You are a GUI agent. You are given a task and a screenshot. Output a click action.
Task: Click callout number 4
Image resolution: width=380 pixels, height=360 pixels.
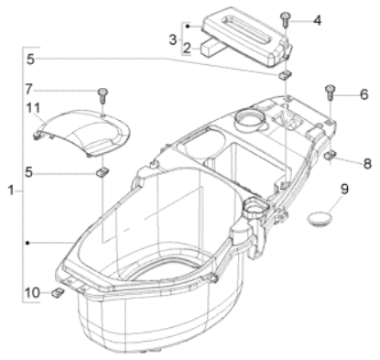coord(317,20)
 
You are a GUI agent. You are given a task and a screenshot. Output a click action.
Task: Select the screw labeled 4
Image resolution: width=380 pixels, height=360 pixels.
coord(286,19)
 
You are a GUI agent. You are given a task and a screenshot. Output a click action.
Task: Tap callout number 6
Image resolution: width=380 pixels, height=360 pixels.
coord(364,94)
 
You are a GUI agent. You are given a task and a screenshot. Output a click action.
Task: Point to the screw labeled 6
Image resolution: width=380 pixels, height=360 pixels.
coord(331,92)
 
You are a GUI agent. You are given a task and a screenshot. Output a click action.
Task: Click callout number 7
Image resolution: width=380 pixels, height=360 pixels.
coord(28,89)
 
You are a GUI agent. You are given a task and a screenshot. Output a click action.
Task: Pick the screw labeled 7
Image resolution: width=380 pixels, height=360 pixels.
coord(103,95)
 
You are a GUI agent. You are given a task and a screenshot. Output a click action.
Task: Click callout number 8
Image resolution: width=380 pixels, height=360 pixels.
coord(367,164)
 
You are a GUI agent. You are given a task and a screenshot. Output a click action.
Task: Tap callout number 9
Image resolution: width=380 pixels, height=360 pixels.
coord(344,190)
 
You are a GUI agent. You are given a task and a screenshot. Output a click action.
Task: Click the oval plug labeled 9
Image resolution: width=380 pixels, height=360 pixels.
coord(319,219)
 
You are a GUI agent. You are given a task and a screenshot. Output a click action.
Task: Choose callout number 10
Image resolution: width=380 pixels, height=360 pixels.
coord(32,293)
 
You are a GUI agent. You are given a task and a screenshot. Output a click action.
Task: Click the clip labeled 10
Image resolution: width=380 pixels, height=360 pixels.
coord(58,292)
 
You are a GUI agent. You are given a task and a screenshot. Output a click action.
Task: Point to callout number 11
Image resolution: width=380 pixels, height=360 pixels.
coord(33,108)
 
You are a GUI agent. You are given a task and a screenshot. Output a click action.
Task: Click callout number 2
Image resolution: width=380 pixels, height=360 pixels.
coord(187,48)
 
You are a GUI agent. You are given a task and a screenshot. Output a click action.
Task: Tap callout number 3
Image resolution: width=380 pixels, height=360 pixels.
coord(173,39)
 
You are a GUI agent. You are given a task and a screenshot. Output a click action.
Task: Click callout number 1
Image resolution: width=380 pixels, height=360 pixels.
coord(11,191)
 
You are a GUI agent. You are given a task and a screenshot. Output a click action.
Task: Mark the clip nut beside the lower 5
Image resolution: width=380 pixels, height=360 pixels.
coord(102,172)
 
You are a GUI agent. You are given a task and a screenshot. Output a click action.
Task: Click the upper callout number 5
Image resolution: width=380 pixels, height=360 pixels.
coord(30,59)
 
